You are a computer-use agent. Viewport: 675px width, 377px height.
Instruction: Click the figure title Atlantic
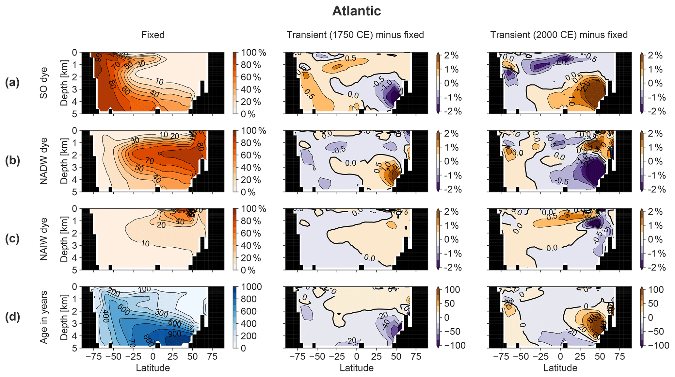(356, 11)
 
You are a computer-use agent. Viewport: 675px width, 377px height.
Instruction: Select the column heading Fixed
(153, 35)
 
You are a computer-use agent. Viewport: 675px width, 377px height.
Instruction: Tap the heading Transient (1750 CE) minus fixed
(355, 35)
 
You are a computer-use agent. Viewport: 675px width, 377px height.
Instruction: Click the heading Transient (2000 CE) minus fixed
(559, 35)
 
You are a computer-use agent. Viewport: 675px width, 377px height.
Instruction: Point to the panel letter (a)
(12, 83)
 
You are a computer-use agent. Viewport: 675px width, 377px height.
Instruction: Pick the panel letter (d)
(12, 317)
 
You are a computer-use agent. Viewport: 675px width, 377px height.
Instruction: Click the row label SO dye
(43, 83)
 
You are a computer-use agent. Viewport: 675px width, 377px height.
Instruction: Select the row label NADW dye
(43, 161)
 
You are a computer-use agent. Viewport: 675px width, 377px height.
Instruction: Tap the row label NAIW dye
(43, 239)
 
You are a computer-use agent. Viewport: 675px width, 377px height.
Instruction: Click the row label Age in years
(43, 317)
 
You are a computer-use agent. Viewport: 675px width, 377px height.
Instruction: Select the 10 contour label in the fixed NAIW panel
(145, 243)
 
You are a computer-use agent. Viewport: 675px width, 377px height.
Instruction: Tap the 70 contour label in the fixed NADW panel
(150, 161)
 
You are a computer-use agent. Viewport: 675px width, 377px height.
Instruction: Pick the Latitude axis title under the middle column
(356, 368)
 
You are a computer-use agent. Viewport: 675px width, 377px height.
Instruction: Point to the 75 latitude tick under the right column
(620, 356)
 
